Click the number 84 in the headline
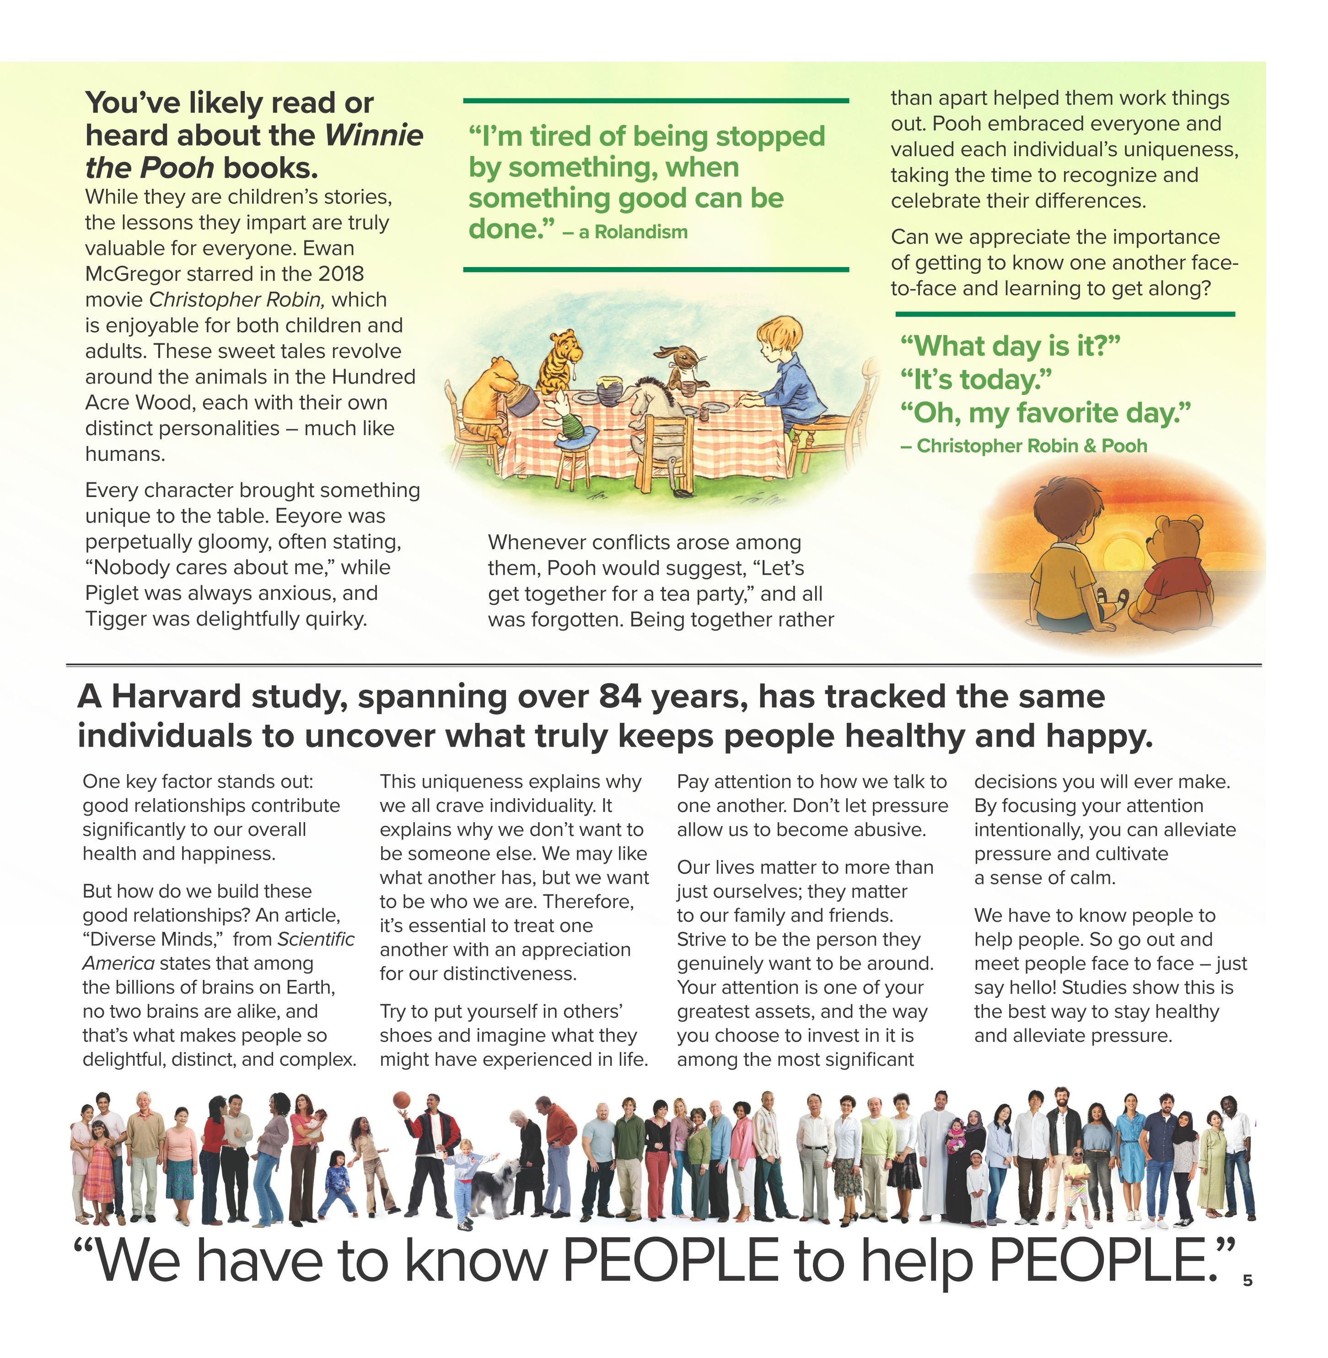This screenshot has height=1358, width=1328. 619,696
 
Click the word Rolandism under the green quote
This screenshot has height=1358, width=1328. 640,232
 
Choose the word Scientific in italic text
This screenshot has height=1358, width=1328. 316,939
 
